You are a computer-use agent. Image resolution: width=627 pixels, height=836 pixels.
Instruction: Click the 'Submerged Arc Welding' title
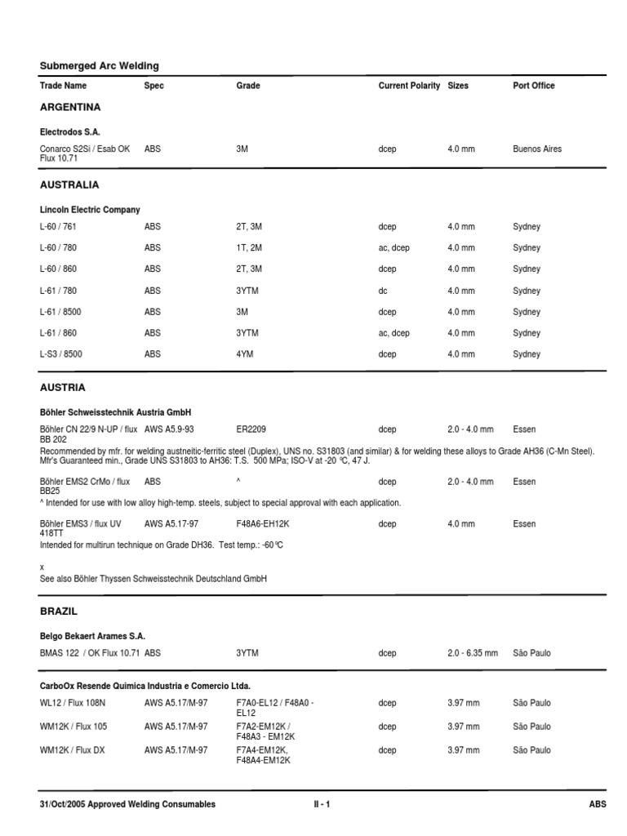100,65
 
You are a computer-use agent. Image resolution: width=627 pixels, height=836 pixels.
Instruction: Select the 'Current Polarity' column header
409,86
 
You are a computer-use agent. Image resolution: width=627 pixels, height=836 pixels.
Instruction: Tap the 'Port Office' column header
533,86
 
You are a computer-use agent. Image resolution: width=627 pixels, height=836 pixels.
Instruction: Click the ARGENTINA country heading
70,107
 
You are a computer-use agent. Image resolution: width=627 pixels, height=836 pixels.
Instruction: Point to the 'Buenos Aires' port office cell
537,149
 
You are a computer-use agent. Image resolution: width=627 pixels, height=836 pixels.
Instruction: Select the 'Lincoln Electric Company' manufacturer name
90,210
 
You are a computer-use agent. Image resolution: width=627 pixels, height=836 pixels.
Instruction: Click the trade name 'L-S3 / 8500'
61,354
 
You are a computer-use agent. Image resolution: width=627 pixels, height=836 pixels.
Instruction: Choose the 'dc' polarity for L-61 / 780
384,291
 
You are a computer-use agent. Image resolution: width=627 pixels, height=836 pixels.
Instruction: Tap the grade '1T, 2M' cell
249,248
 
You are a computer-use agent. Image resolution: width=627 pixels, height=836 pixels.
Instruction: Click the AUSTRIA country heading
63,387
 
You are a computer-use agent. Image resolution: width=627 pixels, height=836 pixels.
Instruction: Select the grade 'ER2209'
251,429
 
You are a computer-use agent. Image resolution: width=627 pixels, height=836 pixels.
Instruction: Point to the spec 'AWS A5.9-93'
169,429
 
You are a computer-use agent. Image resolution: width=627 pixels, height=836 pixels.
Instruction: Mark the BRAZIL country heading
59,611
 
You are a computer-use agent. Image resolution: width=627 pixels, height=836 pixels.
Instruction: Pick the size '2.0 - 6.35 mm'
473,653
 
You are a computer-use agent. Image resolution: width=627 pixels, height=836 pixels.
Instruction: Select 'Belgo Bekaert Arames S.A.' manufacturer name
93,635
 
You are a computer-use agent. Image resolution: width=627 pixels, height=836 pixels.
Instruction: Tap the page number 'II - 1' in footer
322,804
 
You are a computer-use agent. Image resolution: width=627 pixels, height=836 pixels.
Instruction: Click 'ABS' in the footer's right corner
598,804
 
